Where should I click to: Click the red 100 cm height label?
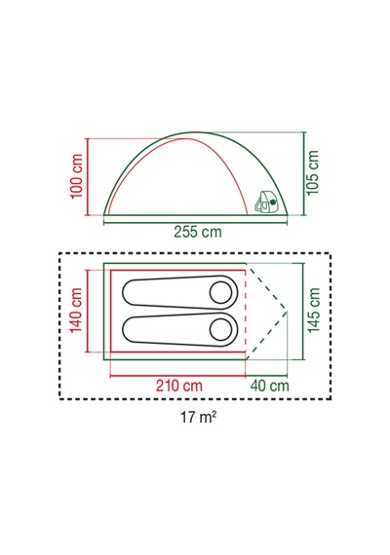tap(77, 176)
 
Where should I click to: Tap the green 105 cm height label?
tap(313, 172)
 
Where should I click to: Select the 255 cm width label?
tap(198, 232)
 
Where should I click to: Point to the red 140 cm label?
tap(76, 311)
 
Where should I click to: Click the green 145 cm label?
tap(314, 310)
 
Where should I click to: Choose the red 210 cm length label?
tap(179, 386)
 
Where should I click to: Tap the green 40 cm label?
tap(270, 386)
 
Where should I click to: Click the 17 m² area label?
tap(199, 417)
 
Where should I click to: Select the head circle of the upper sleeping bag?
tap(221, 293)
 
